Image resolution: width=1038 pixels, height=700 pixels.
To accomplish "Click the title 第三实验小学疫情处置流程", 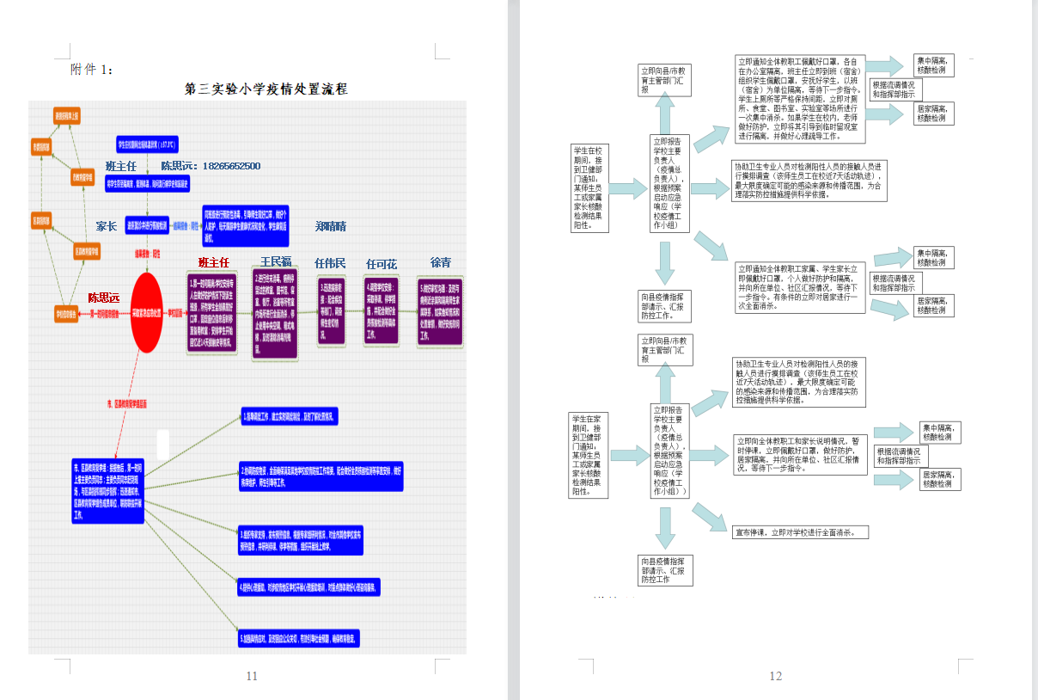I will point(266,89).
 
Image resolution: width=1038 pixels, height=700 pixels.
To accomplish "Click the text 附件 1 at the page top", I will point(91,70).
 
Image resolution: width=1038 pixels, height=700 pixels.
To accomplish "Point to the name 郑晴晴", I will point(330,226).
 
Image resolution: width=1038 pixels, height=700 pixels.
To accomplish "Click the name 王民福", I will point(276,261).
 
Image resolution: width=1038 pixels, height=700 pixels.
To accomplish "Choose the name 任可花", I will point(382,264).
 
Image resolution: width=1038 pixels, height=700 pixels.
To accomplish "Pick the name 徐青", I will point(440,262).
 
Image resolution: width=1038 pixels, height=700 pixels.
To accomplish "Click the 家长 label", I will point(106,226).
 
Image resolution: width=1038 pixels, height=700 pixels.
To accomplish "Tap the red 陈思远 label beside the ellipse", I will point(104,298).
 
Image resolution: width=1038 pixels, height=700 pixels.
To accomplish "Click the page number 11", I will point(252,676).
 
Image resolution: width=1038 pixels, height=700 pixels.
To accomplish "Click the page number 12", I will point(775,676).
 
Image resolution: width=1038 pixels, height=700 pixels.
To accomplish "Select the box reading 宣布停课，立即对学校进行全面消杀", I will point(800,532).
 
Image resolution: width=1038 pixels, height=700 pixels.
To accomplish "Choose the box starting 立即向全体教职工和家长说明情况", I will point(799,453).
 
